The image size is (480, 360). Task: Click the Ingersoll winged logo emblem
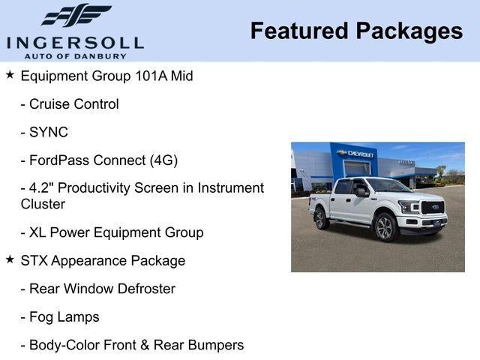(x=76, y=15)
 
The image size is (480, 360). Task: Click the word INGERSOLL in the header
(x=75, y=41)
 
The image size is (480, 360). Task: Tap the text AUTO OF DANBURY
(x=75, y=55)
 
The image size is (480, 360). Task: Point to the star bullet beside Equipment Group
(x=10, y=75)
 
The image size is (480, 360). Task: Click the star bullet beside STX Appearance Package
(x=10, y=259)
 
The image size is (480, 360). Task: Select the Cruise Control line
(x=70, y=104)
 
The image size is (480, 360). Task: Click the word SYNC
(x=49, y=133)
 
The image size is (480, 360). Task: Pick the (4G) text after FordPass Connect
(x=163, y=160)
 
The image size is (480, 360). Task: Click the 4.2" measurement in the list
(x=43, y=188)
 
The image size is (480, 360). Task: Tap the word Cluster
(x=43, y=204)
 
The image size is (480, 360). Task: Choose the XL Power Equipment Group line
(x=112, y=232)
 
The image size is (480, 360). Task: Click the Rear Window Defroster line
(x=97, y=289)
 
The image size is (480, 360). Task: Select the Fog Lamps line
(x=60, y=317)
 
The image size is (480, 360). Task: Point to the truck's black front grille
(x=433, y=208)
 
